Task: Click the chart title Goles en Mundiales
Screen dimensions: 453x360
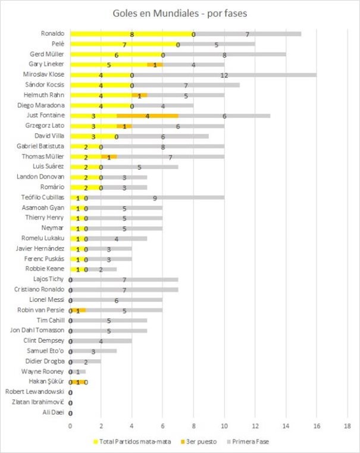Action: pyautogui.click(x=180, y=13)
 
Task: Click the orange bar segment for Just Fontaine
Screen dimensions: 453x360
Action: pyautogui.click(x=148, y=115)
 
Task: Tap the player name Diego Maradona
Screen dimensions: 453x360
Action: pyautogui.click(x=44, y=105)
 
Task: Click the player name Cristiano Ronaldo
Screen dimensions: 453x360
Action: pyautogui.click(x=40, y=290)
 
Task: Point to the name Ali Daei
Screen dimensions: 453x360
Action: pyautogui.click(x=54, y=413)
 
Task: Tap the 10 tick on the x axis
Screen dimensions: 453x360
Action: pyautogui.click(x=224, y=426)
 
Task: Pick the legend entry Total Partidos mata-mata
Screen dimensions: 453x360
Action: pyautogui.click(x=133, y=442)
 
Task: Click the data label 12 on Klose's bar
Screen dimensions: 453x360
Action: pyautogui.click(x=224, y=75)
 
